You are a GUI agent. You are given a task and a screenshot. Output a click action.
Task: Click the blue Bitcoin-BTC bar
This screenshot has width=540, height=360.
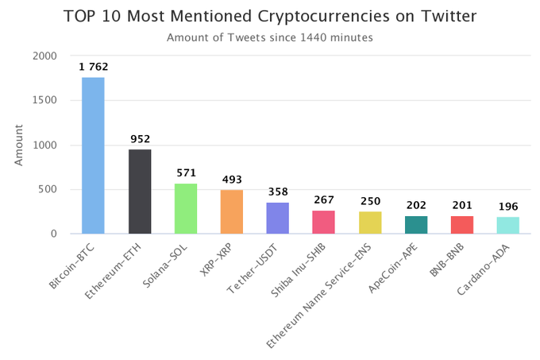click(x=93, y=155)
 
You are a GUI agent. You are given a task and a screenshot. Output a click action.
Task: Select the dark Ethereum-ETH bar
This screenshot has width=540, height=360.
click(x=140, y=192)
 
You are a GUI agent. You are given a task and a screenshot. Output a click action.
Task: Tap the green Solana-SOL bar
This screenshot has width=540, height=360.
click(x=186, y=208)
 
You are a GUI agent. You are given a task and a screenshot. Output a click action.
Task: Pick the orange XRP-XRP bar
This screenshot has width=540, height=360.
click(x=232, y=211)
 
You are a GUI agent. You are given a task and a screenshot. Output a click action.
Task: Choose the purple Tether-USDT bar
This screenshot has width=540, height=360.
click(x=278, y=218)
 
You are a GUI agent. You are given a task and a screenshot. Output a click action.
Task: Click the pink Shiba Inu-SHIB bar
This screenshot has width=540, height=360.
click(x=324, y=222)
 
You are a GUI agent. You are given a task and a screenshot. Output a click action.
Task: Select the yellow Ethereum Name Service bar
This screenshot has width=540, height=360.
click(x=370, y=223)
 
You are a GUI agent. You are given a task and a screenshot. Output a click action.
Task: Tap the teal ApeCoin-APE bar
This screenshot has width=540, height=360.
click(x=416, y=225)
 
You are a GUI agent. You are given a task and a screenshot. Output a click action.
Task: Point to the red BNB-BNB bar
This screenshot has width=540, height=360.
click(x=462, y=225)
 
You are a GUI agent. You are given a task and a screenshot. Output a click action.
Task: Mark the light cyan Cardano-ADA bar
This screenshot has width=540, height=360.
click(x=508, y=225)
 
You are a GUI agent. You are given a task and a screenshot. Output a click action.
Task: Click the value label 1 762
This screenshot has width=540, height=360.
click(x=93, y=67)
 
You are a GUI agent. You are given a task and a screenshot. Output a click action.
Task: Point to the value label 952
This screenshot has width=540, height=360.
click(x=140, y=139)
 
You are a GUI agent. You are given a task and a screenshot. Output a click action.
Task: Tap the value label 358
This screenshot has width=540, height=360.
click(x=278, y=192)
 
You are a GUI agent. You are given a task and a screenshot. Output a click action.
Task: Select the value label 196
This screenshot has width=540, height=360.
click(x=508, y=207)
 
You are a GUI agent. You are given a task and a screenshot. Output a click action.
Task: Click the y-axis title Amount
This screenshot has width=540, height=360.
click(x=19, y=145)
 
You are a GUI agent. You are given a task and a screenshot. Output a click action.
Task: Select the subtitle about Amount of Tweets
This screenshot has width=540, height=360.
click(x=269, y=37)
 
